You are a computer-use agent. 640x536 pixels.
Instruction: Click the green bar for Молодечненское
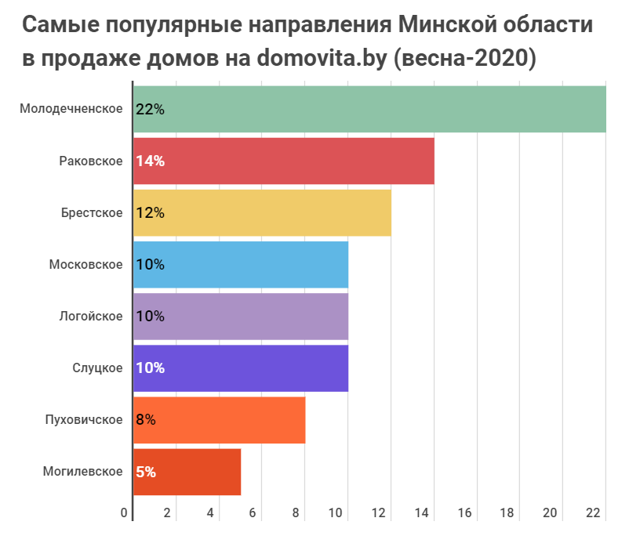click(x=369, y=109)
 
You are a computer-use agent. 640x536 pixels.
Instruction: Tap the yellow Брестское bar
click(x=262, y=212)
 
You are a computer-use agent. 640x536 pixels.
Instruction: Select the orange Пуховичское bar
click(x=220, y=419)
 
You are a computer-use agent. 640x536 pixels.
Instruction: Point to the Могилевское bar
click(x=187, y=472)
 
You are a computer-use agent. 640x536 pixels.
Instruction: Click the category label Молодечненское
click(x=71, y=109)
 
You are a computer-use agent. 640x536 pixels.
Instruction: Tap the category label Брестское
click(x=92, y=212)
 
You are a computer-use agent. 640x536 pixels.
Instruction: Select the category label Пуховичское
click(x=84, y=419)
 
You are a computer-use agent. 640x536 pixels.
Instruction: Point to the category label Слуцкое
click(x=97, y=368)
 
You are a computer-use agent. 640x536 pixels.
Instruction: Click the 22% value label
click(x=150, y=109)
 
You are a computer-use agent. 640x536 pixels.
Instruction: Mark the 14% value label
click(x=150, y=161)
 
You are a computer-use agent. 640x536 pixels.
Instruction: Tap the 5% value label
click(x=146, y=472)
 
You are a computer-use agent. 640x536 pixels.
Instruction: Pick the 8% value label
click(x=146, y=419)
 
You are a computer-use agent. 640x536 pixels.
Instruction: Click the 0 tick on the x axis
click(x=125, y=513)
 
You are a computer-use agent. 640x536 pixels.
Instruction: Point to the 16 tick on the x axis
click(x=464, y=513)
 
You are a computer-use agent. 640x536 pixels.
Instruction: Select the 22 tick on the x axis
click(x=592, y=513)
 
